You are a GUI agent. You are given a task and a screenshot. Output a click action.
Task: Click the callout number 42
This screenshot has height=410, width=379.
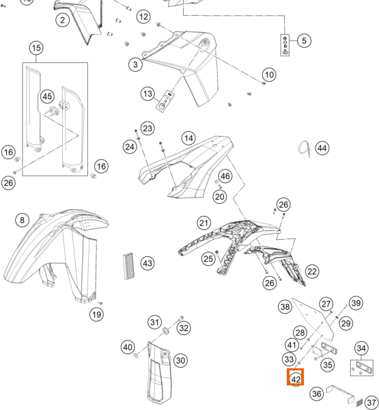coord(296,379)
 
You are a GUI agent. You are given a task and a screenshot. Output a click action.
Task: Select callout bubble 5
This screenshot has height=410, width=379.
coord(304,40)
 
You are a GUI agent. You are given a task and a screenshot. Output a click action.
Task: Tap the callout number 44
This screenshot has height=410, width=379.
coord(322,148)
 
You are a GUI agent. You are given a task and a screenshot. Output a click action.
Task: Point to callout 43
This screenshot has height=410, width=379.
coord(148,263)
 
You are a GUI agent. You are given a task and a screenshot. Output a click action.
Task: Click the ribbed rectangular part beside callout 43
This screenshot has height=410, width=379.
coord(128,266)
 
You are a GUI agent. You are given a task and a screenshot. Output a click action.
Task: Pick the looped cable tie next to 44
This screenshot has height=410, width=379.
coord(305,149)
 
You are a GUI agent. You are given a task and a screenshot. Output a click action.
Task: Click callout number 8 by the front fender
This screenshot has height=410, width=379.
coord(23,220)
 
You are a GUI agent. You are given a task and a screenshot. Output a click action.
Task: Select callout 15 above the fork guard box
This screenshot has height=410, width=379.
coord(36,48)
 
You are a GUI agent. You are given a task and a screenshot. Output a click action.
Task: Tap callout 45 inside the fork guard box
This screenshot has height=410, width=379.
coord(47,96)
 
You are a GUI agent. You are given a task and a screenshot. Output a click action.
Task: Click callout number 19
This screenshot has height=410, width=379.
coord(96,314)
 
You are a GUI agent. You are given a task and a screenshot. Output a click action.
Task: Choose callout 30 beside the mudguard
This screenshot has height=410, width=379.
coord(180,361)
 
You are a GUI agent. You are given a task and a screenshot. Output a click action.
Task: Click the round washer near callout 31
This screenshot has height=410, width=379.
coord(166,331)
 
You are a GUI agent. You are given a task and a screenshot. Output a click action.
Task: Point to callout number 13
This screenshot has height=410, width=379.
coord(148,94)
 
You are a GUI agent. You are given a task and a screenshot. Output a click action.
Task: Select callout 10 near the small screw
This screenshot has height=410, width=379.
coord(269,74)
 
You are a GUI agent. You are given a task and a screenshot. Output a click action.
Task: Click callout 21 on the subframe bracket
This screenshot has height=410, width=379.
coord(204,223)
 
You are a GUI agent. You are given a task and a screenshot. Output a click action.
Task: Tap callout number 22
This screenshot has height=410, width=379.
coord(312,272)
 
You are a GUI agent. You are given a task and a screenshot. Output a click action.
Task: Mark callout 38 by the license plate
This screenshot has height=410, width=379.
coord(285,306)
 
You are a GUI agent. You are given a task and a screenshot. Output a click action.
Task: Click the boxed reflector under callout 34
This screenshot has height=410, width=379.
coord(362,368)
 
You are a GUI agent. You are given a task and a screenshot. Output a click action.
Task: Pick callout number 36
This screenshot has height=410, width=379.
coord(317,394)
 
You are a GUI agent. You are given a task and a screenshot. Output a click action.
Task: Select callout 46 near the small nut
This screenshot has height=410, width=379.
coord(225,176)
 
